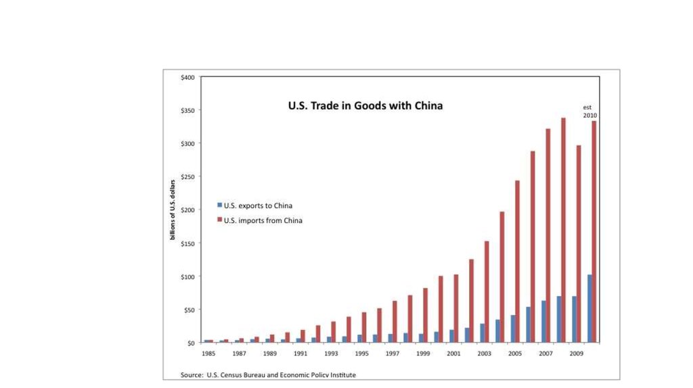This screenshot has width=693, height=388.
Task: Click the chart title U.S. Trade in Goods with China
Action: coord(365,106)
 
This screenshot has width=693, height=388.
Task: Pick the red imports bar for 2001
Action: coord(456,308)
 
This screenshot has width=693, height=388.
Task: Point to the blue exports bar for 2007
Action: coord(543,322)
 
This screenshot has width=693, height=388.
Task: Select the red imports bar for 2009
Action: coord(579,244)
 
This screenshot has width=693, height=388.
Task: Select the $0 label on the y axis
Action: coord(190,343)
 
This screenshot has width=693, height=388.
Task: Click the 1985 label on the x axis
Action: coord(208,354)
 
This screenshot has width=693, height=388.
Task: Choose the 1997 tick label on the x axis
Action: coord(393,354)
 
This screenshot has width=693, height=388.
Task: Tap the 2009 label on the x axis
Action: coord(576,354)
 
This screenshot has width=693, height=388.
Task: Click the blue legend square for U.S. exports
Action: coord(219,205)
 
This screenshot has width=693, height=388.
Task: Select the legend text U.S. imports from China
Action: coord(263,220)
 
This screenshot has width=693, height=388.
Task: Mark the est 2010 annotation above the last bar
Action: coord(589,112)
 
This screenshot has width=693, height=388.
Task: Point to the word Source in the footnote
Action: coord(192,374)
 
